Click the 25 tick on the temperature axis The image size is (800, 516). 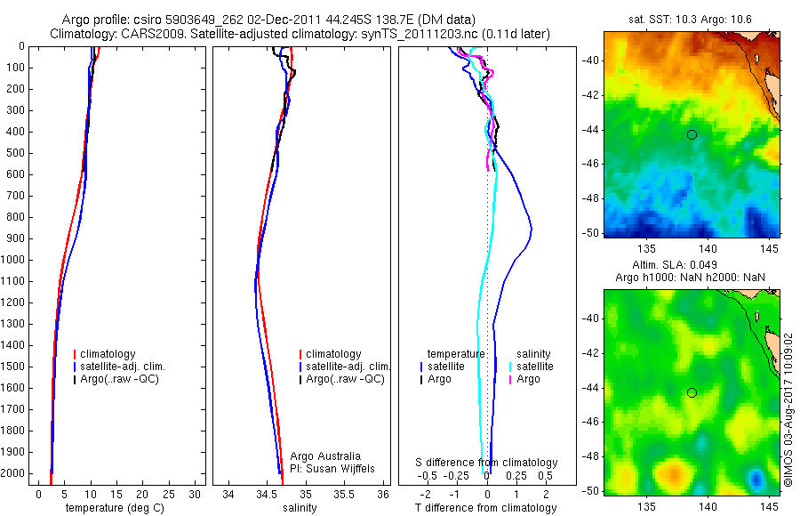pos(169,494)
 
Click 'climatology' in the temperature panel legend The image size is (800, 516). pos(118,354)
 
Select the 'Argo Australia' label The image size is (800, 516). pos(325,456)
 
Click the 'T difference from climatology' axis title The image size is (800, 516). pos(485,508)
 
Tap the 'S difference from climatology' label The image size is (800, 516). pos(486,463)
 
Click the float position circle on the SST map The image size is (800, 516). pos(692,134)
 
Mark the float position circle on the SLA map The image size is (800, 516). pos(692,392)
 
